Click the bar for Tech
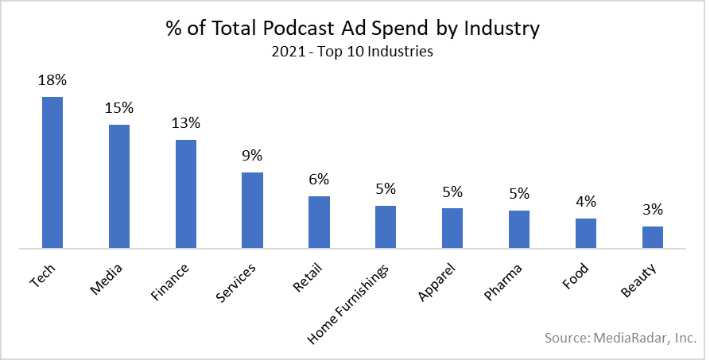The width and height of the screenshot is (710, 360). tap(52, 172)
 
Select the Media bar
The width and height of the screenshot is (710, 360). tap(119, 187)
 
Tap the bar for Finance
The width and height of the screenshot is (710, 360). tap(186, 194)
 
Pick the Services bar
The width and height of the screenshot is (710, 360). tap(252, 211)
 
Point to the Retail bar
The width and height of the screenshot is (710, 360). tap(319, 223)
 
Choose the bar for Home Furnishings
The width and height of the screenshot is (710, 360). tap(386, 227)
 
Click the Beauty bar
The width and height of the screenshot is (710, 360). tap(652, 238)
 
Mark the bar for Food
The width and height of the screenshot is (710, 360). tap(585, 234)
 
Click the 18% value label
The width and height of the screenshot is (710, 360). tap(52, 80)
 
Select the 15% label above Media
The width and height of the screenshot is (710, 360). tap(119, 107)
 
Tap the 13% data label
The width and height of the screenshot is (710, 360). tap(186, 123)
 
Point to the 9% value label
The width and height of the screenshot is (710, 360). tap(252, 156)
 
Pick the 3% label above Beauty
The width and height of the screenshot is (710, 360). tap(652, 210)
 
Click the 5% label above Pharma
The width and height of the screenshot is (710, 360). tap(518, 194)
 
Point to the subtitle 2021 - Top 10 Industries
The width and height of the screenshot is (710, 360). tap(352, 53)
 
